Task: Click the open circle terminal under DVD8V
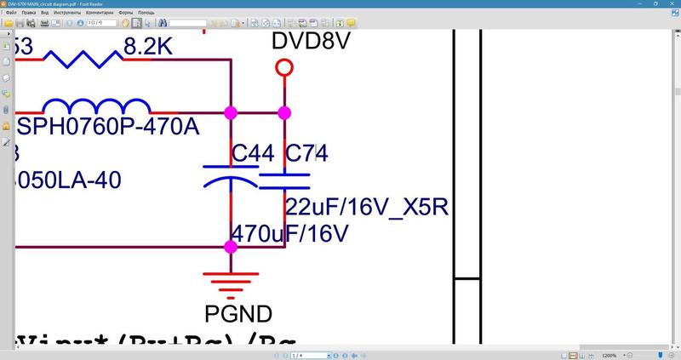284,67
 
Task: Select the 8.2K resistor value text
148,48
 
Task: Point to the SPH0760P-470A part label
108,128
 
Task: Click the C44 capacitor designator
253,153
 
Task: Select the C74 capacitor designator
306,153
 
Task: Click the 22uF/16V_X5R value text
366,208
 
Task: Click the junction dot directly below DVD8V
284,112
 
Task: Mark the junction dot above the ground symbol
230,247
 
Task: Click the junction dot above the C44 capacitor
230,112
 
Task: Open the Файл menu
11,14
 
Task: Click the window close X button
672,4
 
